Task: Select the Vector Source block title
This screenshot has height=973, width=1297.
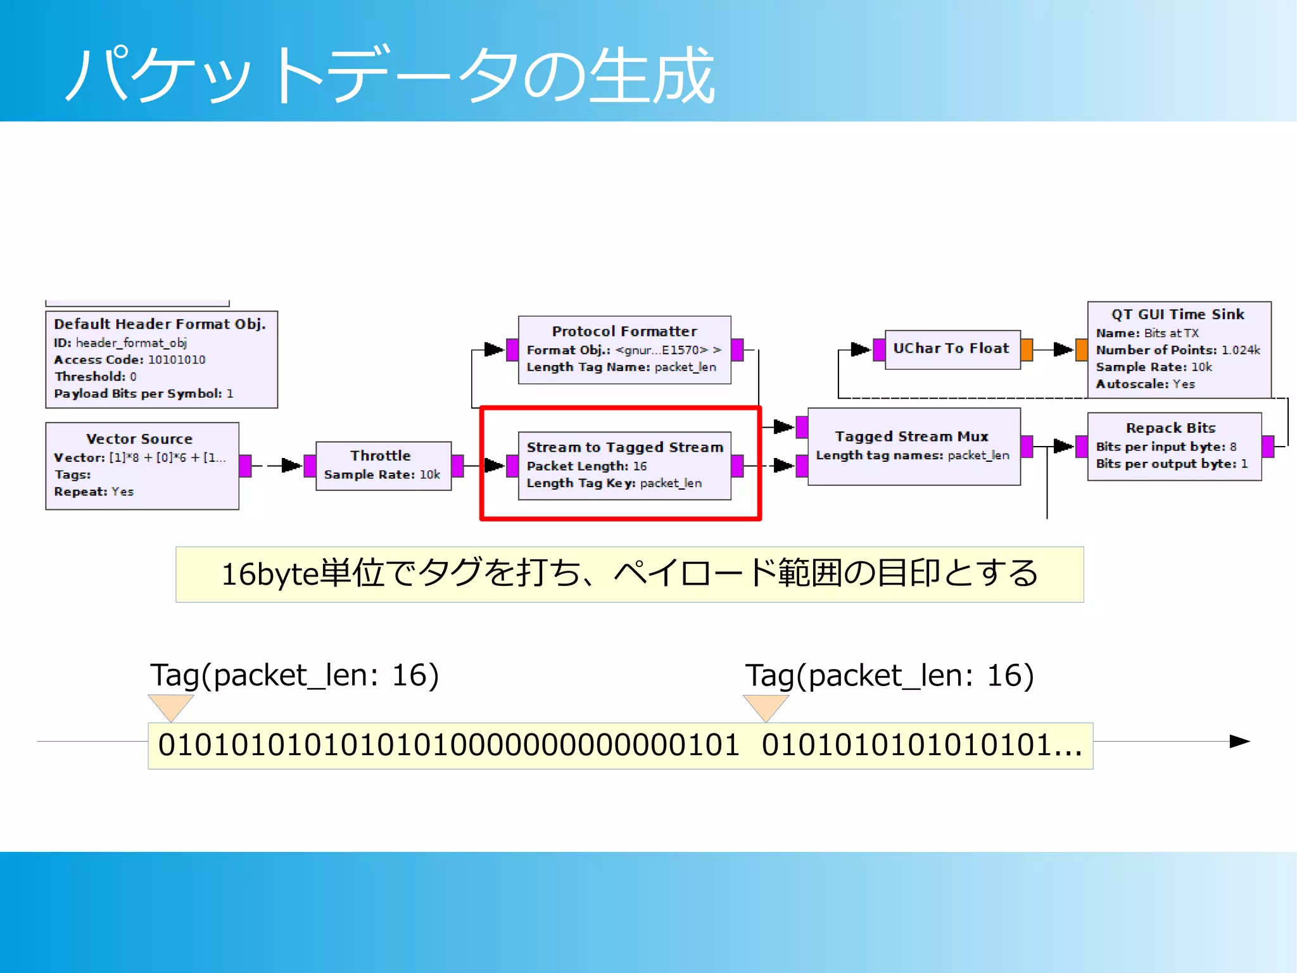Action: pos(139,439)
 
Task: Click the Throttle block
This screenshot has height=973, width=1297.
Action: pos(383,466)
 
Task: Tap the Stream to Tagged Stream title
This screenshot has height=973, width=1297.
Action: pos(624,447)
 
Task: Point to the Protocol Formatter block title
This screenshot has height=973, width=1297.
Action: pos(624,331)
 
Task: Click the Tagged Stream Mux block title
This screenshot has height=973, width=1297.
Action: pos(911,436)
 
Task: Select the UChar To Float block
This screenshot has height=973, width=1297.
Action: pos(951,348)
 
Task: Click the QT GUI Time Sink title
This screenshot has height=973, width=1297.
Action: pos(1177,314)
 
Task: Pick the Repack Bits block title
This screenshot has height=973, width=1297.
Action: pos(1170,428)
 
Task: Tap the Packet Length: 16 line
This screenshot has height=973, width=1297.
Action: pos(586,466)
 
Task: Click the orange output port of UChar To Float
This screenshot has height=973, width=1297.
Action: pos(1027,349)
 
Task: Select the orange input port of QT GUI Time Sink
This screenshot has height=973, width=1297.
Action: pos(1082,349)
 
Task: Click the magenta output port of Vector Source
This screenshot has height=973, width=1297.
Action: pos(246,466)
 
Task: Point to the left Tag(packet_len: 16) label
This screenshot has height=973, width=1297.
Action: pos(294,675)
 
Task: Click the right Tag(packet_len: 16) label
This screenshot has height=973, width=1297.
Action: pos(889,675)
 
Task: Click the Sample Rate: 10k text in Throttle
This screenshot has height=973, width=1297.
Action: pos(382,474)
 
